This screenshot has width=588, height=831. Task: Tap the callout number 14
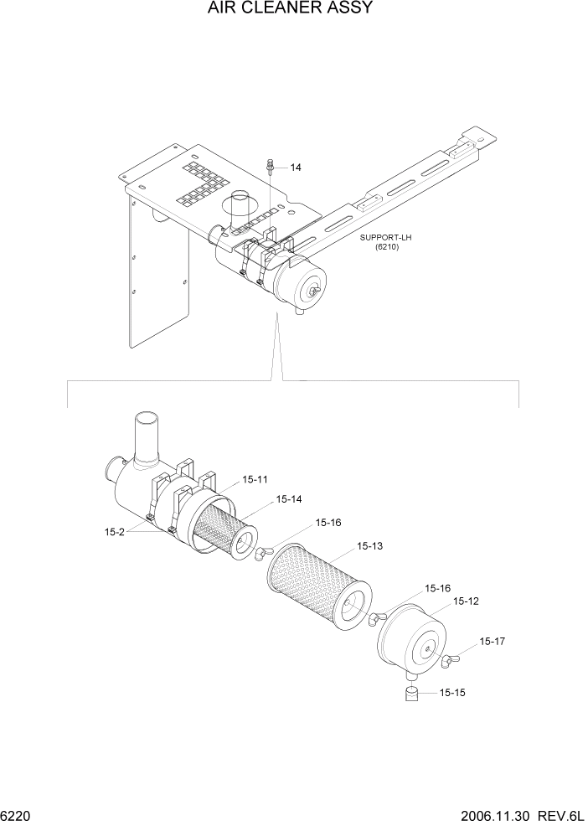pos(296,168)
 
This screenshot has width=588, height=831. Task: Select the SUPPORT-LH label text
pos(386,238)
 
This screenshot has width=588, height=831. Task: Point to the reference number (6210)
pos(386,248)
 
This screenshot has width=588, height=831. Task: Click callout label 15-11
pos(255,479)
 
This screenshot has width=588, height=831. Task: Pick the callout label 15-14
pos(289,499)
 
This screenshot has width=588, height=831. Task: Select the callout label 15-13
pos(369,546)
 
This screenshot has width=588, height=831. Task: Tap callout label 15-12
pos(466,601)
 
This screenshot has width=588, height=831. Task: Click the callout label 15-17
pos(493,641)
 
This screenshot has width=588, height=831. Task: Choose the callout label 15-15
pos(451,693)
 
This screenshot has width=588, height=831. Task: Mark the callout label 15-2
pos(116,531)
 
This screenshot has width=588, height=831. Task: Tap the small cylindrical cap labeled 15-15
pos(411,694)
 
